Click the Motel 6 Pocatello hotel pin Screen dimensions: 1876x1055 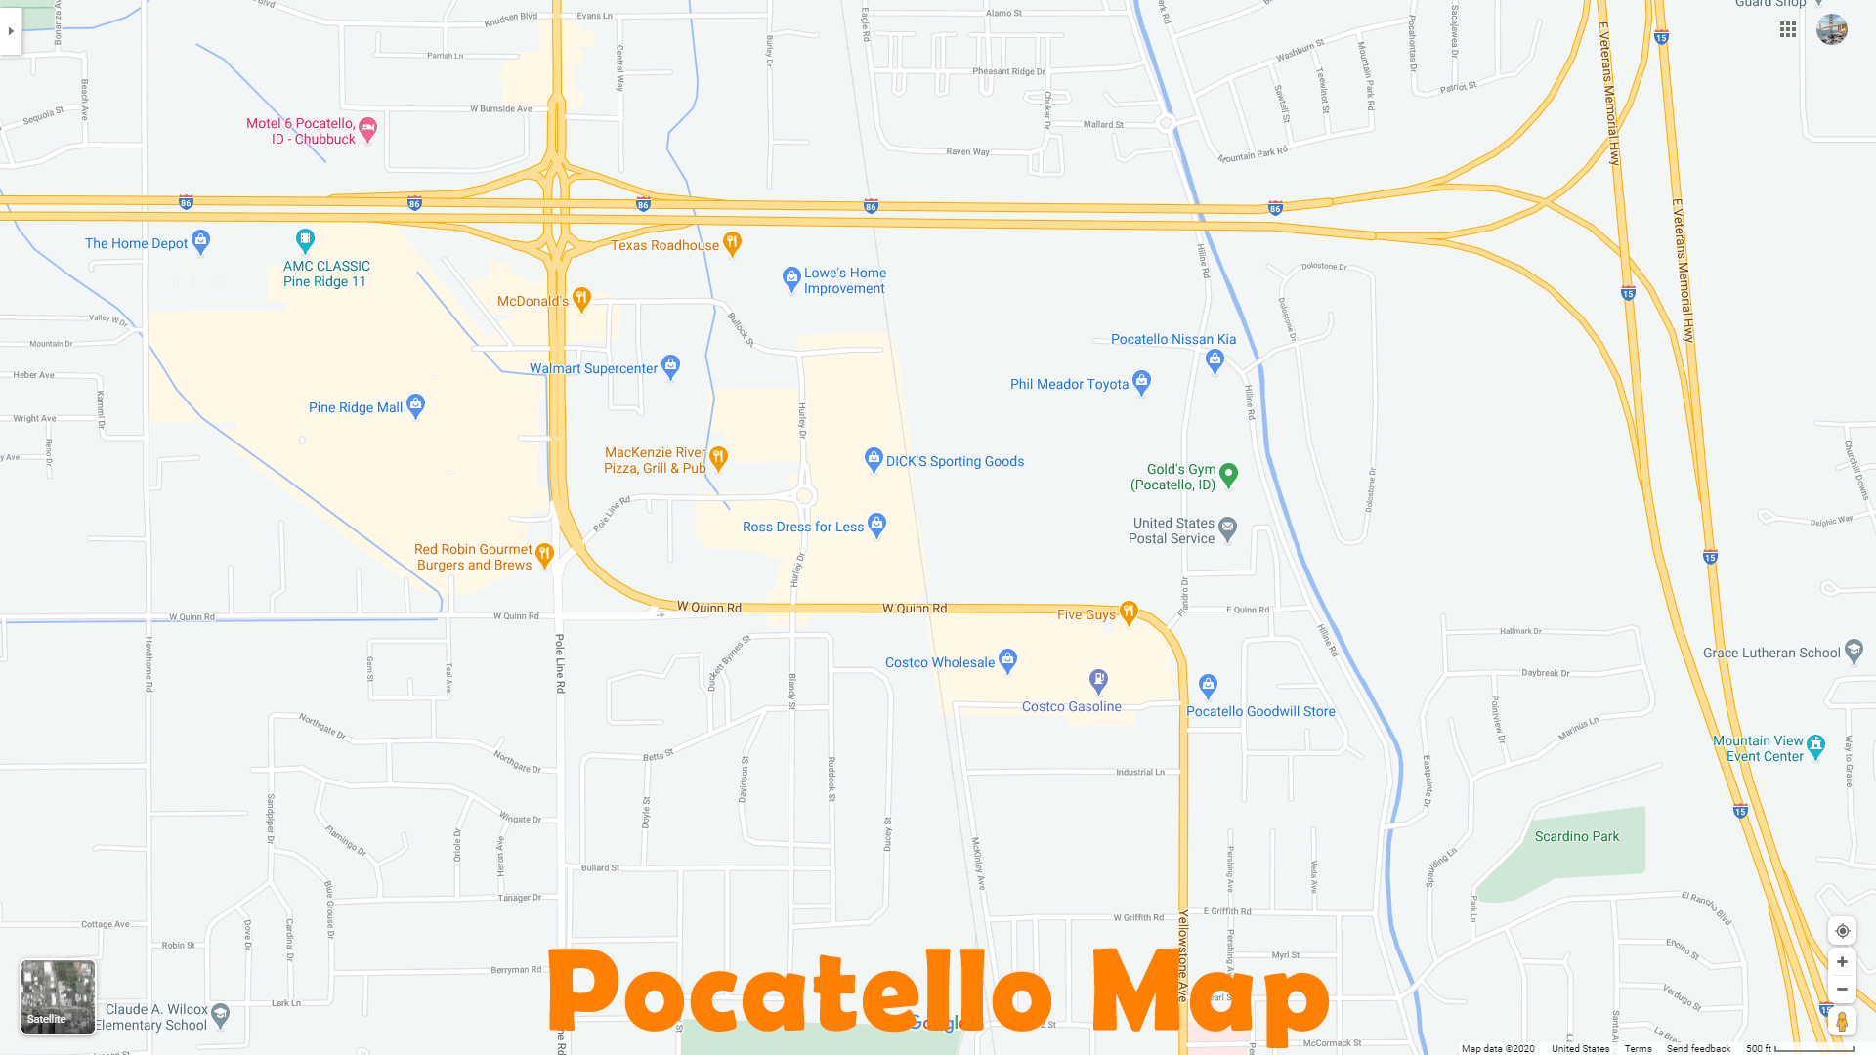click(367, 128)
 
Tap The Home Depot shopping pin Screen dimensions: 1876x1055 click(201, 240)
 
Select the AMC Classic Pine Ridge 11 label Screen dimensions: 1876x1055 click(326, 274)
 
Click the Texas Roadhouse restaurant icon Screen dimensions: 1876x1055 click(732, 242)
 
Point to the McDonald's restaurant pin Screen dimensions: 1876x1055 click(581, 298)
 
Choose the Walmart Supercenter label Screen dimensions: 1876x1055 click(593, 368)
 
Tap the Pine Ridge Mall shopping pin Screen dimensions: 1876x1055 click(415, 404)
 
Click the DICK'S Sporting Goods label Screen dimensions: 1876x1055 click(955, 461)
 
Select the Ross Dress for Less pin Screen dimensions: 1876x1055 click(876, 525)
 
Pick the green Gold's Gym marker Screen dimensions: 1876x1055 click(1229, 474)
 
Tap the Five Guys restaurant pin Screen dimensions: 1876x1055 click(1129, 612)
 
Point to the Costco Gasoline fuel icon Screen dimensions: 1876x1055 click(1098, 679)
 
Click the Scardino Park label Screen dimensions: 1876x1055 click(1576, 836)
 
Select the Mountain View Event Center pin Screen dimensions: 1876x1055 click(1815, 745)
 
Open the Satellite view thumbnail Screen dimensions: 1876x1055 click(58, 996)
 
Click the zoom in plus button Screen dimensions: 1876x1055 click(1842, 962)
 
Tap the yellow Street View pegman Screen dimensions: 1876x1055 click(1842, 1022)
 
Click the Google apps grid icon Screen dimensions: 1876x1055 click(1788, 30)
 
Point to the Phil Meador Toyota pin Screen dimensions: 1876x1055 click(1141, 382)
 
